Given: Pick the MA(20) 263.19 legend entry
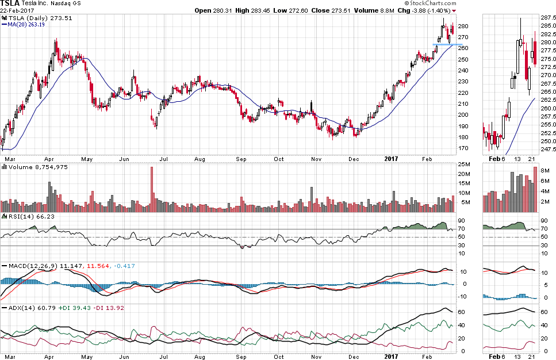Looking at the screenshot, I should coord(28,25).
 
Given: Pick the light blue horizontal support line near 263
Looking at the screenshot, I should coord(447,44).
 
